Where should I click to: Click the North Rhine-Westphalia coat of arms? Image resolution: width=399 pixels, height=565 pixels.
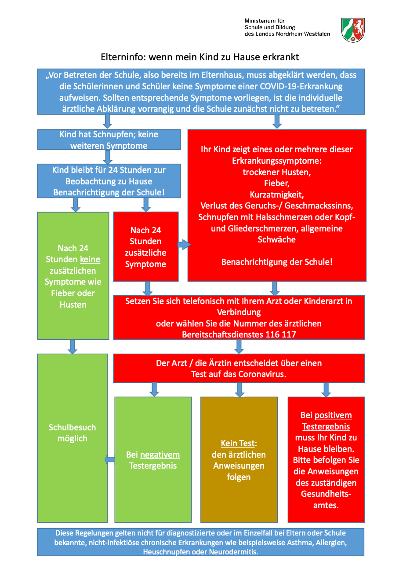pos(353,30)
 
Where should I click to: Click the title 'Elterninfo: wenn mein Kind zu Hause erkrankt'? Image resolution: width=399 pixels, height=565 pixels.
pos(200,57)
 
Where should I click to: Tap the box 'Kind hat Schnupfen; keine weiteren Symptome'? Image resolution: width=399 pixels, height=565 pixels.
pos(109,140)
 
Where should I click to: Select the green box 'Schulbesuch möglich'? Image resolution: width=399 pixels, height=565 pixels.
pos(73,438)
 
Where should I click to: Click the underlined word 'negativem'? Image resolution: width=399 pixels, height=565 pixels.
pos(160,455)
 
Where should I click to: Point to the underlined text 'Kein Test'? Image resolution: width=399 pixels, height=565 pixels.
pos(238,443)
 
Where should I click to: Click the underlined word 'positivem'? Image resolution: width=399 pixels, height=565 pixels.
pos(333,415)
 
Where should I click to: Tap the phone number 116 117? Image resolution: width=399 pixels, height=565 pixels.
pos(281,334)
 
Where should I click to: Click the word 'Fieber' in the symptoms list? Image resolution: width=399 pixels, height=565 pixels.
pos(276,183)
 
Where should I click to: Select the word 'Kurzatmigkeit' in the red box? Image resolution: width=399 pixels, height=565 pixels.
pos(276,194)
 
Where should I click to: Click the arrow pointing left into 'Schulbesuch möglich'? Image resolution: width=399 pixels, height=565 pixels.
pos(109,460)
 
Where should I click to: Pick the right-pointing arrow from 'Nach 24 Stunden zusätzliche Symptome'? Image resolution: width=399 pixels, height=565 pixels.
pos(184,244)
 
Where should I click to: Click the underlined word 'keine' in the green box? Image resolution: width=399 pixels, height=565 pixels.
pos(90,259)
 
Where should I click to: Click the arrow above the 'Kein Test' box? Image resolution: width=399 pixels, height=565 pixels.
pos(239,390)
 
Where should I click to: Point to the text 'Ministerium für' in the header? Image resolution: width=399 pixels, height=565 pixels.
pos(265,21)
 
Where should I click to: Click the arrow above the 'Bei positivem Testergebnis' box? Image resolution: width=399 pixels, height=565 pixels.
pos(326,390)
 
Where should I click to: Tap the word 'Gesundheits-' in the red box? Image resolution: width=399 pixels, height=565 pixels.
pos(326,494)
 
